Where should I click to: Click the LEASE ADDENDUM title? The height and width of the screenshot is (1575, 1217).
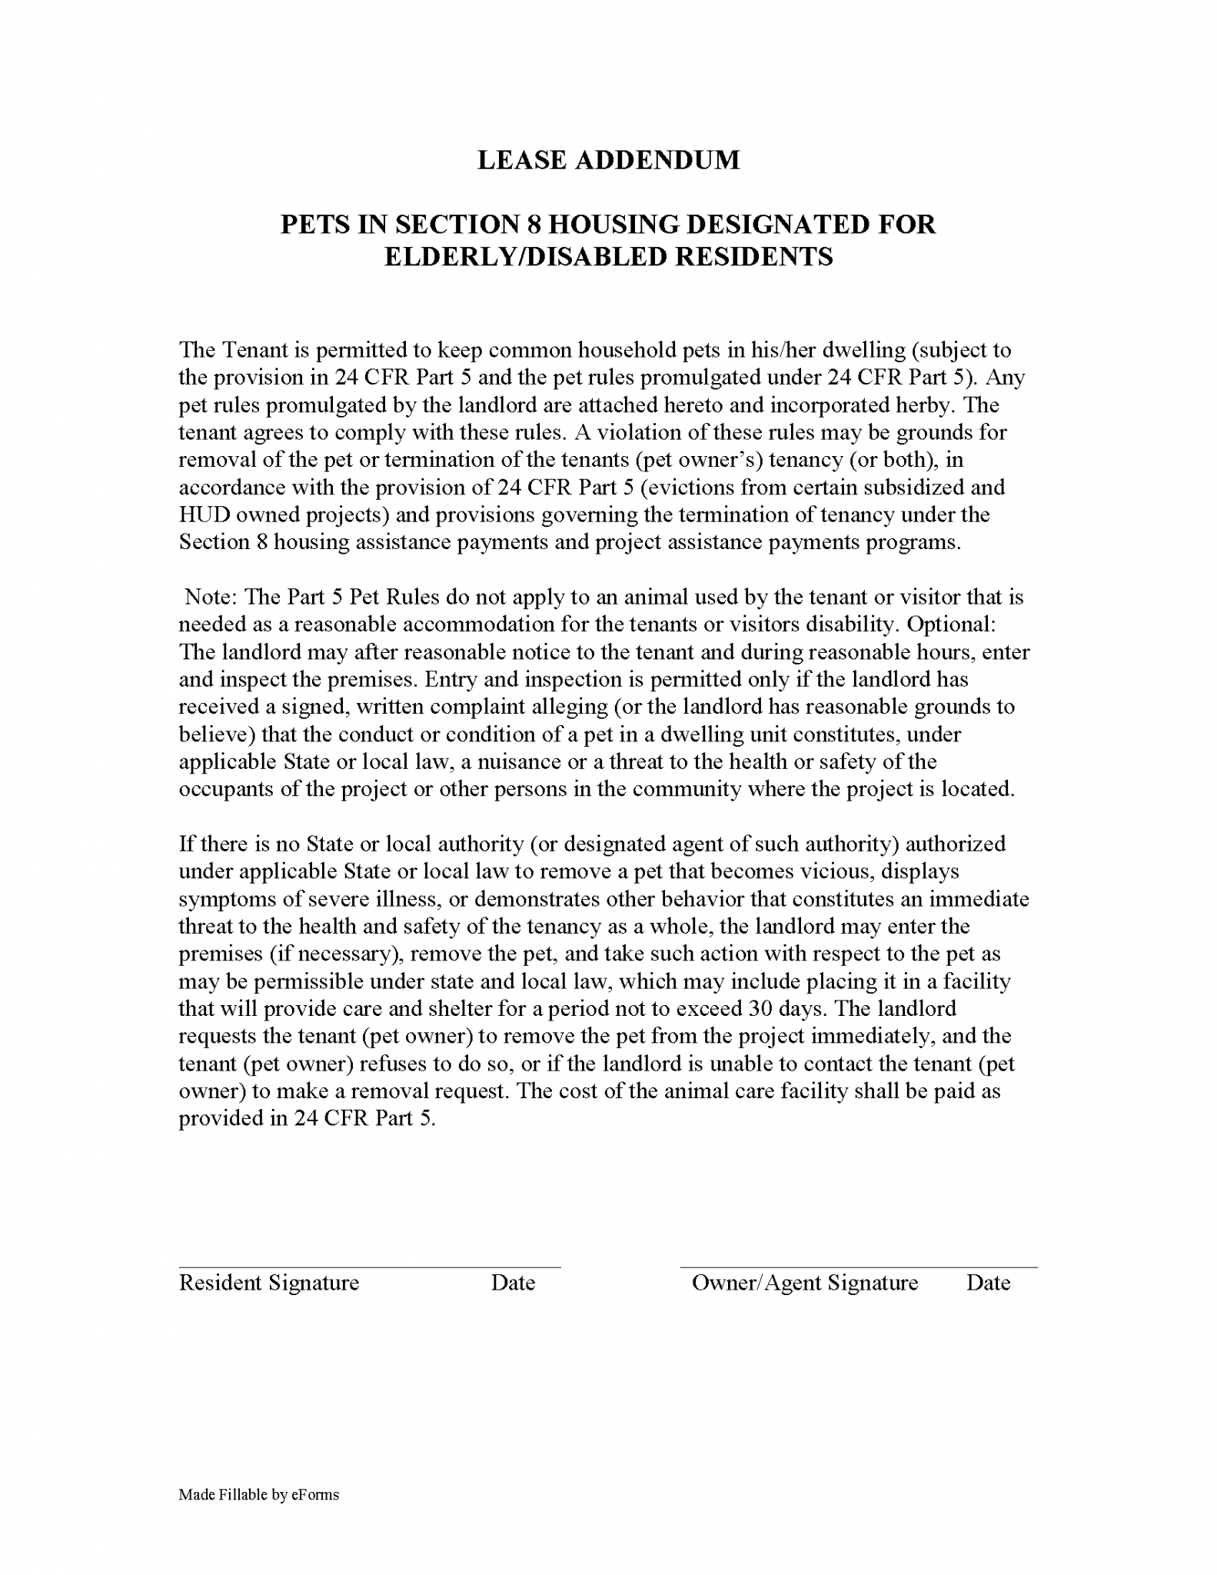[x=608, y=160]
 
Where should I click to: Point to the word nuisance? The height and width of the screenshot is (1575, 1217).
[x=504, y=762]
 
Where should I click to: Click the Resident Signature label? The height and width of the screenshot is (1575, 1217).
[x=269, y=1283]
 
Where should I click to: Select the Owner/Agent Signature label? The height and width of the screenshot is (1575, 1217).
[x=804, y=1283]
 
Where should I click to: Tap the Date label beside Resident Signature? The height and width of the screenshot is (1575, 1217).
[x=513, y=1283]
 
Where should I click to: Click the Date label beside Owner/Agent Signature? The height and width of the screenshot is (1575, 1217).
[x=988, y=1283]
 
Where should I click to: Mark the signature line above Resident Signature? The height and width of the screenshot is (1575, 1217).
[x=369, y=1267]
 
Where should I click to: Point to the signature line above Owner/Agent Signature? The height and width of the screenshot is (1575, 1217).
[x=858, y=1267]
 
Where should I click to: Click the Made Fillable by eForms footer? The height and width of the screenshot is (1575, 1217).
[x=258, y=1495]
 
